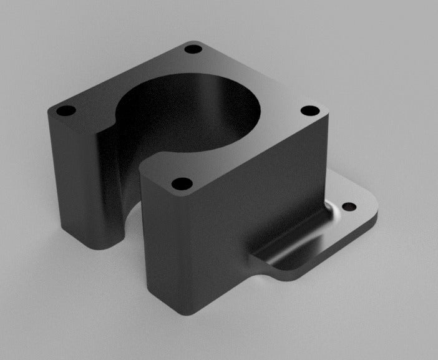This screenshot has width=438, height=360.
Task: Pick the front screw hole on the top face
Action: pyautogui.click(x=182, y=185)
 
